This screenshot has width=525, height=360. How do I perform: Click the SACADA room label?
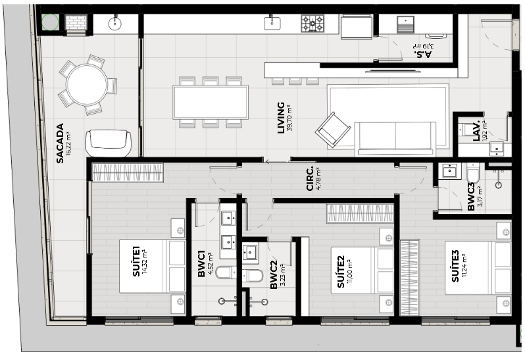(60, 143)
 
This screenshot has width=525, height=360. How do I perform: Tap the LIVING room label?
(281, 118)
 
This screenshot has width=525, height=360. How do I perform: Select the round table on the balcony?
(86, 85)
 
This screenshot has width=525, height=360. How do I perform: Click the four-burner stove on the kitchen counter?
(312, 24)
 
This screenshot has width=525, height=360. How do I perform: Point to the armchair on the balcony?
(108, 143)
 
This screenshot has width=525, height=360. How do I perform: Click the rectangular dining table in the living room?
(211, 102)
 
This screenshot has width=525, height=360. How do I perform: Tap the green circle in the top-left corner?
(50, 22)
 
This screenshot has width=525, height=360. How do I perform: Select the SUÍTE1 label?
(136, 261)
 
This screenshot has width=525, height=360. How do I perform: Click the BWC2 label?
(274, 276)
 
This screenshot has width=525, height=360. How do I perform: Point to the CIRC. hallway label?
(310, 178)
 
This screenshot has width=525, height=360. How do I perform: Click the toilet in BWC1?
(226, 272)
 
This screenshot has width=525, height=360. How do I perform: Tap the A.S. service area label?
(422, 54)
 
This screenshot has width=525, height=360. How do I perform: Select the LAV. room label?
(476, 130)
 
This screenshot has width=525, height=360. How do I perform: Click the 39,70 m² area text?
(289, 118)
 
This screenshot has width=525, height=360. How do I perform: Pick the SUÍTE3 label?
(455, 267)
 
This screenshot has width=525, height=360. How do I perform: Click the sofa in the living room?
(395, 139)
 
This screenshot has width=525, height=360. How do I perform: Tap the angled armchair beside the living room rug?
(333, 130)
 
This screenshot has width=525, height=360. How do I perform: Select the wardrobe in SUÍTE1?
(128, 172)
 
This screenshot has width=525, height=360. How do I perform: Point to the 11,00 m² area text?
(350, 270)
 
